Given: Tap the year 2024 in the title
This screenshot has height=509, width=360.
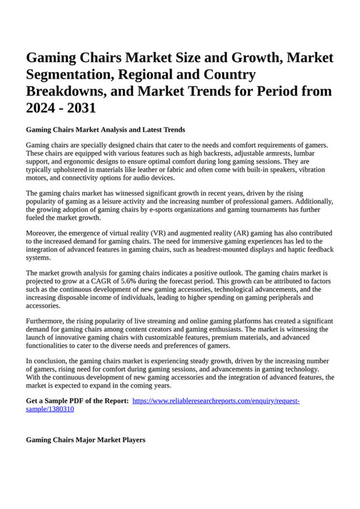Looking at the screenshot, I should [44, 109].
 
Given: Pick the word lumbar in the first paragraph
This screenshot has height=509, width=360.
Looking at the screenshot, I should [309, 153].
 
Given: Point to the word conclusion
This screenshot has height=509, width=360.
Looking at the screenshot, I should [51, 361].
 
